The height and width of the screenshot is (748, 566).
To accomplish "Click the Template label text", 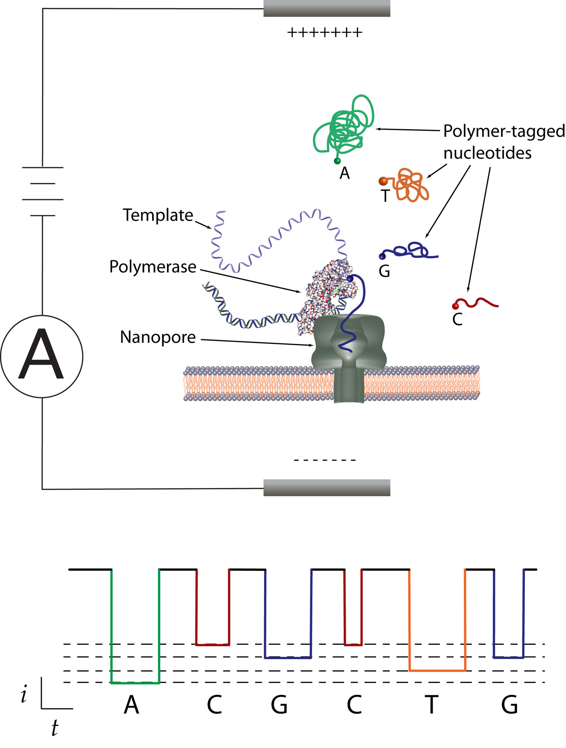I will pos(158,215).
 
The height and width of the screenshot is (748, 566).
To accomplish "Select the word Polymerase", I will pos(152,267).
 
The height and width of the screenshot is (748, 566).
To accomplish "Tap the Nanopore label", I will pos(158,337).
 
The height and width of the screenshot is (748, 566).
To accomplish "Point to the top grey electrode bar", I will pos(327,8).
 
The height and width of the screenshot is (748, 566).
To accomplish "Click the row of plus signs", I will pos(324,33).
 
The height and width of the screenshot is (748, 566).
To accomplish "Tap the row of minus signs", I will pos(324,460).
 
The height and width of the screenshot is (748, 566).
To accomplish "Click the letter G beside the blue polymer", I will pos(384,271).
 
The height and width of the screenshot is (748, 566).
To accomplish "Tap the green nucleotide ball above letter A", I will pos(337,161).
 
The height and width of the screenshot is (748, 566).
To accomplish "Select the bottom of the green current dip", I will pos(135,683).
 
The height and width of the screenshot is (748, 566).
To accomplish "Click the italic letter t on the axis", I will pos(55,728).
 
